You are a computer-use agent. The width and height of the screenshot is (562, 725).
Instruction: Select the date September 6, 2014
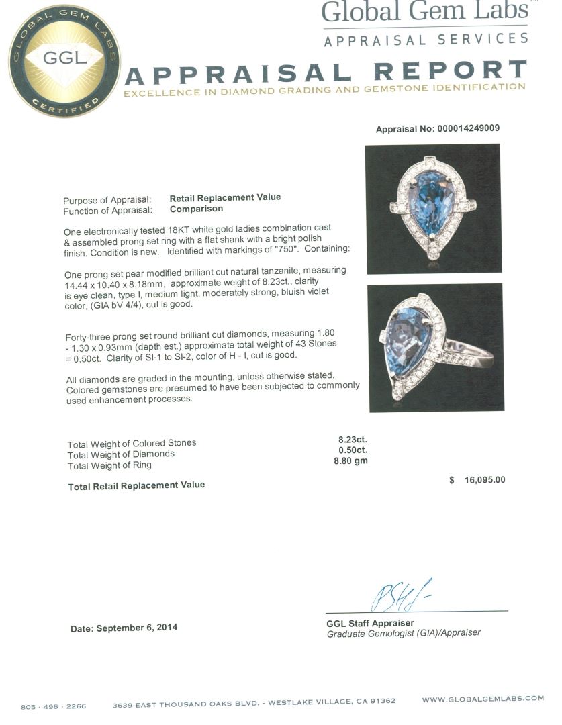pos(124,628)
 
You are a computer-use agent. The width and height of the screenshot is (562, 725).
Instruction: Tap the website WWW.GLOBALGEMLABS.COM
pos(483,699)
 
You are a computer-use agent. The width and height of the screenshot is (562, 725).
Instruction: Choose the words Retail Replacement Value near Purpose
pos(225,197)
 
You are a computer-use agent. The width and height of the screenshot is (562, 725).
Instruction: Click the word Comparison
pos(196,209)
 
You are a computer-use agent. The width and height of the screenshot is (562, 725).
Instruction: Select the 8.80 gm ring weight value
pos(350,461)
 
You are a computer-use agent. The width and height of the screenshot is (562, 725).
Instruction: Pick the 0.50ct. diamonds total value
pos(353,450)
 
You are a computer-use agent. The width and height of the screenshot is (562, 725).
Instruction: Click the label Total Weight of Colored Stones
pos(132,443)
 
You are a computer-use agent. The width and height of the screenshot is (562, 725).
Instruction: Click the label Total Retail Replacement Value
pos(136,485)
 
